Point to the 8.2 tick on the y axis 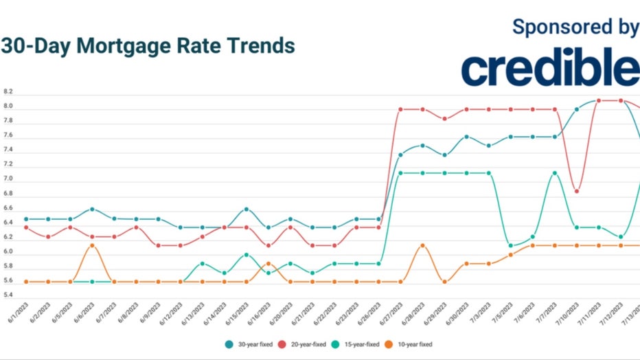[x=8, y=91]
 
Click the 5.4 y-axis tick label [x=8, y=295]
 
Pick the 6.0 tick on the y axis [x=8, y=252]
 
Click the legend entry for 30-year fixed [x=249, y=344]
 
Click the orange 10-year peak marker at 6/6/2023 [x=92, y=245]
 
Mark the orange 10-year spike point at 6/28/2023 [x=422, y=245]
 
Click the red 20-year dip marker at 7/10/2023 [x=577, y=191]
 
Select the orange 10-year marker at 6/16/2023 [x=268, y=263]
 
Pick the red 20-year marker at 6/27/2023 [x=400, y=109]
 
